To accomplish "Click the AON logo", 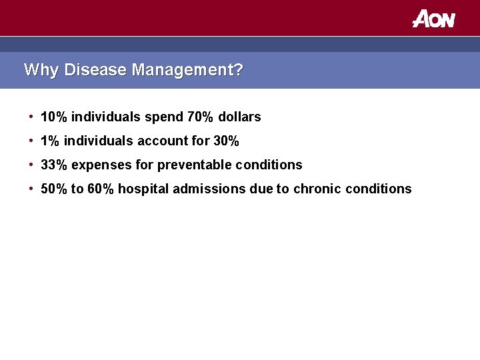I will (x=433, y=19).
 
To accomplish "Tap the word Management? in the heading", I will (x=187, y=70).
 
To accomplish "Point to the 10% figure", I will (x=54, y=117).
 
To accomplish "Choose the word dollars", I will (x=240, y=117).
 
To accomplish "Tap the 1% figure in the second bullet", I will (x=50, y=141).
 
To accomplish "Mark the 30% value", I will (x=225, y=141).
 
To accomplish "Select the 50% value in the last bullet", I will (x=54, y=189).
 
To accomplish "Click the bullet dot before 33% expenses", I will (x=31, y=165).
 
